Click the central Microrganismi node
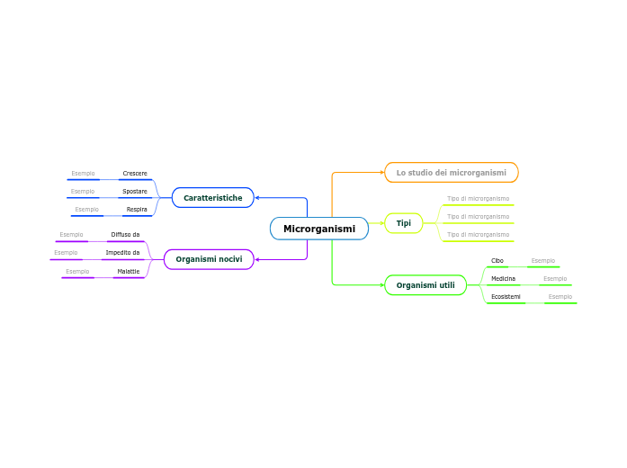tap(319, 229)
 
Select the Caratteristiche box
tap(212, 198)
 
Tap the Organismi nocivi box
tap(209, 259)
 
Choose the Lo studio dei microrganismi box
tap(452, 173)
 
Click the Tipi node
tap(404, 223)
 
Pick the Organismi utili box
tap(425, 285)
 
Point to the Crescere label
tap(135, 173)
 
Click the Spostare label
tap(135, 191)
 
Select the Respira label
tap(137, 209)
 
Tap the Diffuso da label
tap(125, 234)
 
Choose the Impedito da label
tap(122, 252)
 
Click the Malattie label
tap(129, 271)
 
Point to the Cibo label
tap(497, 260)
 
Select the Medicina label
tap(503, 278)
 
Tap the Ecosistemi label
tap(506, 296)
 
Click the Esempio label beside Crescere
tap(83, 173)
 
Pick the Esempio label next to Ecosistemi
tap(560, 296)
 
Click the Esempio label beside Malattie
tap(77, 271)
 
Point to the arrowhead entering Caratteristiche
tap(257, 198)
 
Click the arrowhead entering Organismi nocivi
tap(257, 259)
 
